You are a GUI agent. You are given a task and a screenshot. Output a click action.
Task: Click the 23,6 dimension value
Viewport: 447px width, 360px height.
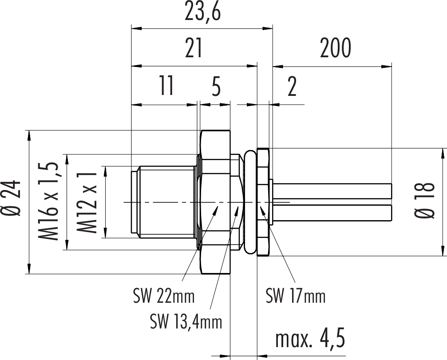(x=203, y=12)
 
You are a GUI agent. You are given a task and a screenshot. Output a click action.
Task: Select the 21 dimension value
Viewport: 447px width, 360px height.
(x=194, y=48)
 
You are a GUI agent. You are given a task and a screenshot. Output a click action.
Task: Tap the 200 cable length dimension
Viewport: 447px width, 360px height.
(x=335, y=48)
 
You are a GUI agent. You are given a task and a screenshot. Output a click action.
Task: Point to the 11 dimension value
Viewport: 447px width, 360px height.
(x=166, y=86)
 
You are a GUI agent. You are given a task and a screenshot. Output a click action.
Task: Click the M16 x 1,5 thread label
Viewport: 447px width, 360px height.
(x=49, y=202)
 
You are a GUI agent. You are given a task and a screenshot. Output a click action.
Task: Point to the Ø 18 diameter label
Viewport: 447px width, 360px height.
(x=427, y=201)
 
